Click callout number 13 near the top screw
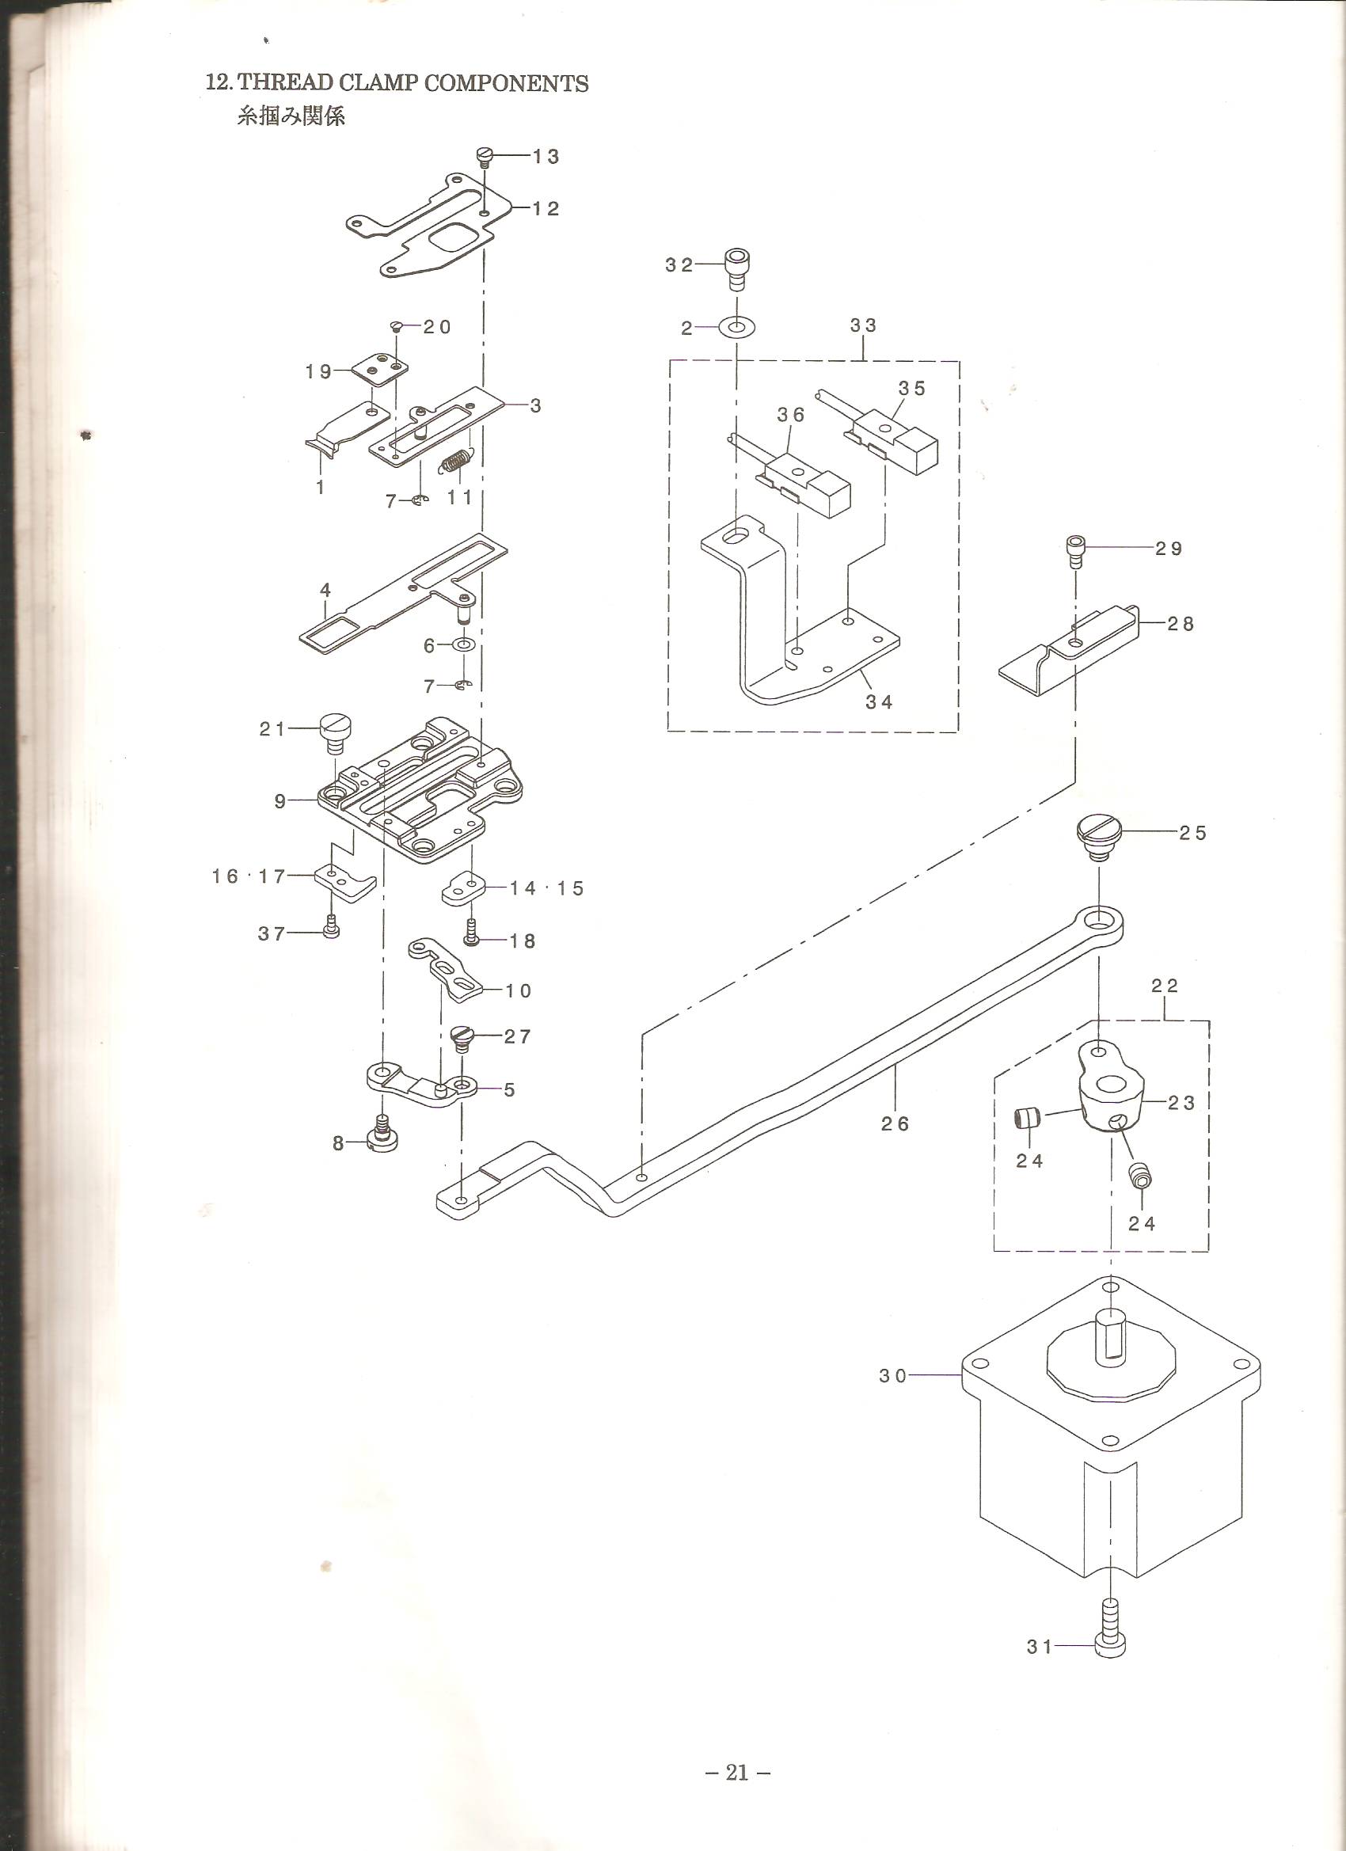tap(546, 157)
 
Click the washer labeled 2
tap(738, 327)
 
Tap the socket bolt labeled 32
tap(736, 269)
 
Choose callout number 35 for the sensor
tap(912, 388)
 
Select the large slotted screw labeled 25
tap(1100, 836)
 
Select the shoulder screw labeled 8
tap(381, 1135)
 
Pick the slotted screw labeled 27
tap(462, 1039)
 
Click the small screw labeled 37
tap(332, 929)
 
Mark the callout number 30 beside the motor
tap(893, 1375)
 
